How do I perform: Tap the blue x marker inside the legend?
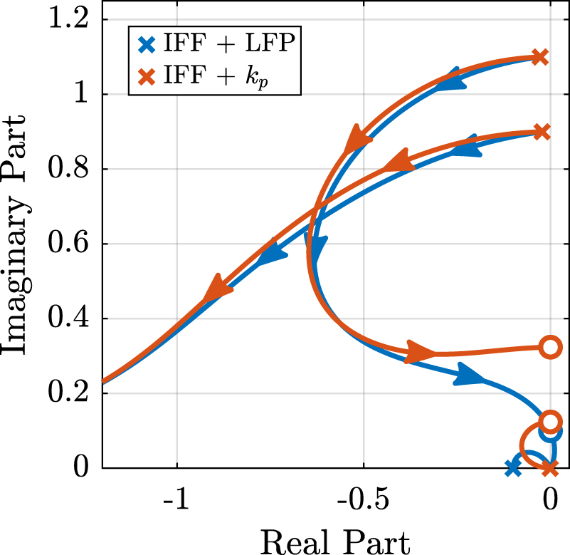(147, 45)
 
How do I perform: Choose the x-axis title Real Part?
(335, 539)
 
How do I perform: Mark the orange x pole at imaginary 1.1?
(540, 57)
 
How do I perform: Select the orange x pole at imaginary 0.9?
(542, 132)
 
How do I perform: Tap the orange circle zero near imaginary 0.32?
(549, 348)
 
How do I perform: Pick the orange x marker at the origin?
(549, 468)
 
